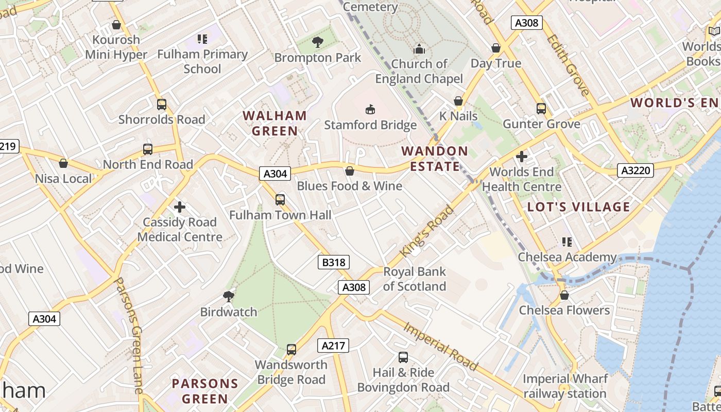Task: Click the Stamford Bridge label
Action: pos(370,125)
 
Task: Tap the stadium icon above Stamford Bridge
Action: pos(370,109)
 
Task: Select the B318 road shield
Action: pos(334,263)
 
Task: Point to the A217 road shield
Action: pos(333,346)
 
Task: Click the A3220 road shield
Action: pos(635,170)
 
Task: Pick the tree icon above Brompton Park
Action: pos(318,42)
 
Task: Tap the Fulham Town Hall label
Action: pos(280,215)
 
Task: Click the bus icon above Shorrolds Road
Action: pos(162,105)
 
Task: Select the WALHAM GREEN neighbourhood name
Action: pos(274,123)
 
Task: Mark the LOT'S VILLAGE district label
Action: pos(579,207)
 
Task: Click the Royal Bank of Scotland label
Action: pos(415,279)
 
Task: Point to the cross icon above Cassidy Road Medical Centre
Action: pos(180,207)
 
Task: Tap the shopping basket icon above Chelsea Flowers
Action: pos(564,295)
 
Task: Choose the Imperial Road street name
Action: pos(440,346)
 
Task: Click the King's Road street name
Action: pos(427,231)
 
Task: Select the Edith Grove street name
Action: pos(568,65)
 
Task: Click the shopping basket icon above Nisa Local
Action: pos(63,163)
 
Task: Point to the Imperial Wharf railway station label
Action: pos(565,386)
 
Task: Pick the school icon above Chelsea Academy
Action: pos(567,242)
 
